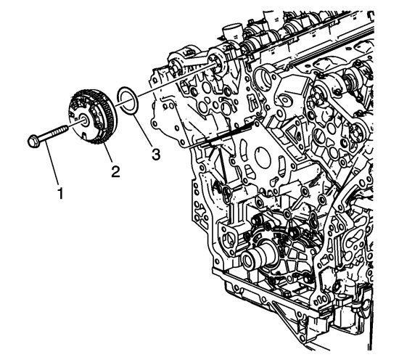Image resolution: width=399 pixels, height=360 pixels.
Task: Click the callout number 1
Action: [60, 193]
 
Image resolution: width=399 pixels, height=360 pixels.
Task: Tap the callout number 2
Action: [115, 171]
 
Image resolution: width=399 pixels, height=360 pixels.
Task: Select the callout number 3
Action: [156, 155]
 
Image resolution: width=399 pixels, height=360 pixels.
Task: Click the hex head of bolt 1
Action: [33, 142]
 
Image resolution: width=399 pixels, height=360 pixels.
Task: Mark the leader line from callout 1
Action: [52, 163]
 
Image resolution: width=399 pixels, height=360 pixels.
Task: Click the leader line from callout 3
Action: [143, 131]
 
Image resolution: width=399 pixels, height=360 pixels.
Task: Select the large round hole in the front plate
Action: [263, 157]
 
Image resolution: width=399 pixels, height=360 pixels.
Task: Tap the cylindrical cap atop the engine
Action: [232, 31]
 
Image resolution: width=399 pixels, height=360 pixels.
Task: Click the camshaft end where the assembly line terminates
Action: [217, 64]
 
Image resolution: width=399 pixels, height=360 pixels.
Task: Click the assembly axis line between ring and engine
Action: [176, 81]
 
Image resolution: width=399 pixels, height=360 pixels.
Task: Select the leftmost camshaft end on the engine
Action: [175, 67]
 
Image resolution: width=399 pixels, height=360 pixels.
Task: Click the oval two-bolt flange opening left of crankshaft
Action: [229, 238]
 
